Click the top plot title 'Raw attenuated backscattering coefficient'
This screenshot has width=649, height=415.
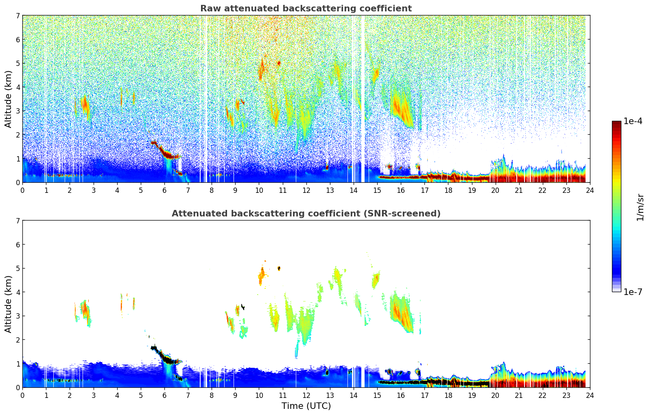pos(306,9)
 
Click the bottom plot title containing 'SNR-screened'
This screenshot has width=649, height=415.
pos(306,214)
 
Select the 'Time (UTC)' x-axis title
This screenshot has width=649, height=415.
pos(306,406)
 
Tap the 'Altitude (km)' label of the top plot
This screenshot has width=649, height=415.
pos(9,99)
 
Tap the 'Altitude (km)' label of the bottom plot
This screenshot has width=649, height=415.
pos(9,304)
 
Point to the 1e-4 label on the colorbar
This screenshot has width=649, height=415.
pos(633,121)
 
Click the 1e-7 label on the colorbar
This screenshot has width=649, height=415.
pos(633,292)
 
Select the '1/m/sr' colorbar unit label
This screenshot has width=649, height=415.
pos(640,207)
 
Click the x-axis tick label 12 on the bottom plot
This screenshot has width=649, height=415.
pos(306,395)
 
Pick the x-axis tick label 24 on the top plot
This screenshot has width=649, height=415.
pos(590,190)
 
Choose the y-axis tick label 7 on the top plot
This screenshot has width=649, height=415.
pos(18,16)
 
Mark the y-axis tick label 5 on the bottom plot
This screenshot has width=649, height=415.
pos(18,269)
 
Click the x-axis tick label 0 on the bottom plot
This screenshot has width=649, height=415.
pos(22,395)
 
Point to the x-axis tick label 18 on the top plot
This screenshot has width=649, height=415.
pos(448,190)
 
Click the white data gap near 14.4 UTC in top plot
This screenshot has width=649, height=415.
pos(363,98)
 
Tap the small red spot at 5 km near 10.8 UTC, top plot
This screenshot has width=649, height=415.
pos(279,63)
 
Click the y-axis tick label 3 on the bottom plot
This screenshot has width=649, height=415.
pos(18,316)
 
